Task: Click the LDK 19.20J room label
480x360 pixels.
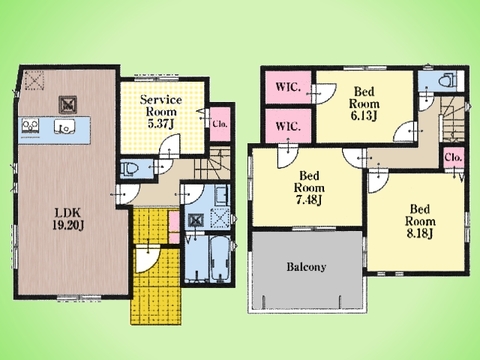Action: point(68,219)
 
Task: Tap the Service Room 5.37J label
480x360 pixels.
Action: point(161,111)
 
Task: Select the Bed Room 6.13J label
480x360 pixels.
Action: point(364,103)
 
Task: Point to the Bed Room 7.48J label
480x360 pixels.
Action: point(309,188)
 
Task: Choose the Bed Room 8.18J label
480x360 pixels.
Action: point(420,221)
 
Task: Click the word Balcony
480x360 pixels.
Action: point(306,267)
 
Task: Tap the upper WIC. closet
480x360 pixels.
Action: point(289,87)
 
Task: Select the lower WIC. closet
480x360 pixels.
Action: point(289,126)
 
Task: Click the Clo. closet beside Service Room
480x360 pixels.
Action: point(220,124)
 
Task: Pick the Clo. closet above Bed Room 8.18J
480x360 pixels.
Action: point(454,157)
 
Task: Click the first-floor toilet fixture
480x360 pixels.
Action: point(129,170)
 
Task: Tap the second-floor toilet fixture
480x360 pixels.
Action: point(446,80)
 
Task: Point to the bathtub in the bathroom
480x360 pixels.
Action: point(220,257)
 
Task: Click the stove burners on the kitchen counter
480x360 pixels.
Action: point(30,126)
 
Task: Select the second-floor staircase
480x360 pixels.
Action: point(454,119)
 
